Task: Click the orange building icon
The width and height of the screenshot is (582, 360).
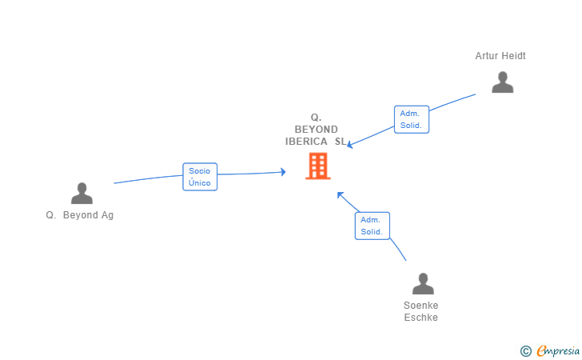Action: point(318,166)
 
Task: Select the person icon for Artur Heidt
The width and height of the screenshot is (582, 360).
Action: point(502,82)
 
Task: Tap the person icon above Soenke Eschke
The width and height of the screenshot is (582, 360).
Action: point(423,284)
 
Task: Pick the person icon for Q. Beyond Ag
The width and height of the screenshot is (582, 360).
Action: point(82,194)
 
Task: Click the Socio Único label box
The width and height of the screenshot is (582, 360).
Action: point(200,177)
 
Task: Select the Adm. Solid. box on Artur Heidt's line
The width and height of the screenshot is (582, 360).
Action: point(412,119)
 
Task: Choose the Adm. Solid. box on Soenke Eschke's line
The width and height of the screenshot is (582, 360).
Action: point(372,226)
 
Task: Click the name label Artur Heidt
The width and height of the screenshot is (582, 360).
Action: point(500,56)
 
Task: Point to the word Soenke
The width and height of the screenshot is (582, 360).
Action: point(421,306)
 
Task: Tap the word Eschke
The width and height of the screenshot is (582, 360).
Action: point(421,318)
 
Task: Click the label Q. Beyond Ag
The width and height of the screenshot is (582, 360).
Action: point(80,215)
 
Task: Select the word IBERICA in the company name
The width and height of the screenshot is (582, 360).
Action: point(306,142)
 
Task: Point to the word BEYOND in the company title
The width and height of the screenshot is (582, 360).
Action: point(317,129)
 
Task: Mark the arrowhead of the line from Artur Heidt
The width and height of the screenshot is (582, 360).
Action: point(350,145)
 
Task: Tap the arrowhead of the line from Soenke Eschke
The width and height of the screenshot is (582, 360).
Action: point(340,194)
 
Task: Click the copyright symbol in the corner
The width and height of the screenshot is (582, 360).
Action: point(525,350)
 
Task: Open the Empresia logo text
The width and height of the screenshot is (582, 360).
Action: point(558,350)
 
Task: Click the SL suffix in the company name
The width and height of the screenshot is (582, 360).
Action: point(341,142)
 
